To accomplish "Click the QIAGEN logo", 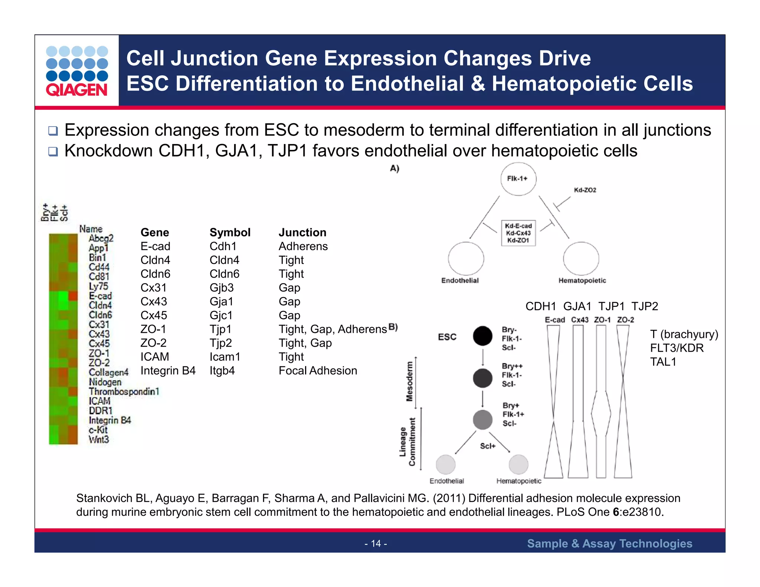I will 77,71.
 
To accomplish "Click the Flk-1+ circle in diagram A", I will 518,179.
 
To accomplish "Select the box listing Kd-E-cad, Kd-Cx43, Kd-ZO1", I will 518,233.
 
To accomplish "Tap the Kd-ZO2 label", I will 585,190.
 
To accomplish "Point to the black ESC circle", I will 482,336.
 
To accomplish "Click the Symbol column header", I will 230,232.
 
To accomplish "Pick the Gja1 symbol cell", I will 222,301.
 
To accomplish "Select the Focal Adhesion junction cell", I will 318,370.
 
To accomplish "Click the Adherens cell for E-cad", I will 303,246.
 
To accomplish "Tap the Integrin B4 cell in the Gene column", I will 168,370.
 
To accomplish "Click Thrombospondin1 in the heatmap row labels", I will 124,391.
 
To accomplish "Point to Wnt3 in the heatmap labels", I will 99,439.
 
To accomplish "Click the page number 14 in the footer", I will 376,544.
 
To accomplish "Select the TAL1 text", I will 663,361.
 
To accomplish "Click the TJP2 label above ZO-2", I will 645,306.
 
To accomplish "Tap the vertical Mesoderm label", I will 409,381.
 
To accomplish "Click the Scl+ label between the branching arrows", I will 488,446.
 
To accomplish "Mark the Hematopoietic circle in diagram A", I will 581,259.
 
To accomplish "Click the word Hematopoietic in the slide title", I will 592,83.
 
